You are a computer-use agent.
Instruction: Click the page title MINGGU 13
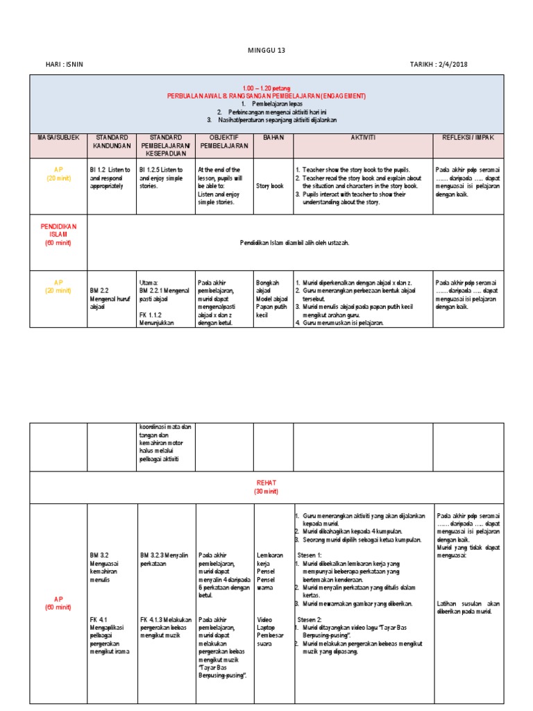(266, 51)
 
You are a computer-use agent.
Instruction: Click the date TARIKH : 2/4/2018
(439, 65)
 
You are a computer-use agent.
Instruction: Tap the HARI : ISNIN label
(65, 65)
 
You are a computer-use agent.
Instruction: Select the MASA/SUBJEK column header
(58, 137)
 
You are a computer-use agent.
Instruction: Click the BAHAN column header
(273, 137)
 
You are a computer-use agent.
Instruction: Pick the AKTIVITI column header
(362, 137)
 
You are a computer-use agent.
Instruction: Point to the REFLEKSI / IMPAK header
(468, 137)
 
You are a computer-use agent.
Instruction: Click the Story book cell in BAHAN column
(270, 186)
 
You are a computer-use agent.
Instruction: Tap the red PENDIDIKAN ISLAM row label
(58, 235)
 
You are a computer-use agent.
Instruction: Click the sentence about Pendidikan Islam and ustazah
(294, 242)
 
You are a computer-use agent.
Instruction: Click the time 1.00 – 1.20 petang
(266, 88)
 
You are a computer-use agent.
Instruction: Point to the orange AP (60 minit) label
(58, 603)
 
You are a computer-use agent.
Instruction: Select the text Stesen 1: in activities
(310, 555)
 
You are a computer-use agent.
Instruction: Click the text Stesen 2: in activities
(310, 618)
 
